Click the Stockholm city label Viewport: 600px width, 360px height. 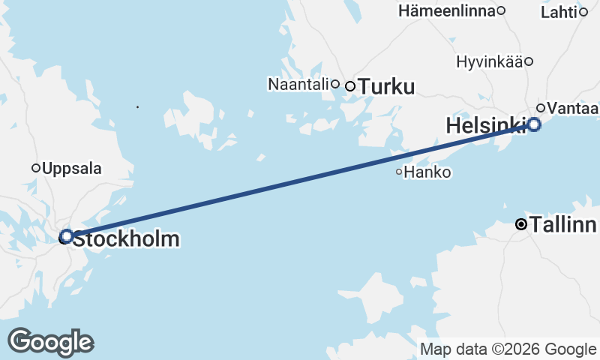125,240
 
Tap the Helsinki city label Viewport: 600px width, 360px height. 484,126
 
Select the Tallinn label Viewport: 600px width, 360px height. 562,224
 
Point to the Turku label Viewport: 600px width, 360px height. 386,87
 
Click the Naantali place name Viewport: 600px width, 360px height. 298,84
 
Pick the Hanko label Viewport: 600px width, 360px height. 427,172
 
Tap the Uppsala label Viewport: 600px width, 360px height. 72,168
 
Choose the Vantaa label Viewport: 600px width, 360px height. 572,109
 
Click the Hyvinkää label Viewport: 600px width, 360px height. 489,61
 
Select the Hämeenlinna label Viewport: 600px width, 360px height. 447,10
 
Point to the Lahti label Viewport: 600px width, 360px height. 559,11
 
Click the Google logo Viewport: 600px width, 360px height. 50,342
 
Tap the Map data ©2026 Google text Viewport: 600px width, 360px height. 508,349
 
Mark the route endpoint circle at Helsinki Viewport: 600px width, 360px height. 534,124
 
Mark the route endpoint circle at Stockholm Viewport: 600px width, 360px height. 66,236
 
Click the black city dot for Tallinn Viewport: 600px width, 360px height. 521,224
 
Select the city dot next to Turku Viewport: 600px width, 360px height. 350,86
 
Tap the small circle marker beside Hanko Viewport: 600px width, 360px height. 400,172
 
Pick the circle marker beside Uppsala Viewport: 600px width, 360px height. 35,168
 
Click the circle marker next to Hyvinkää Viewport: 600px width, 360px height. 529,61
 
